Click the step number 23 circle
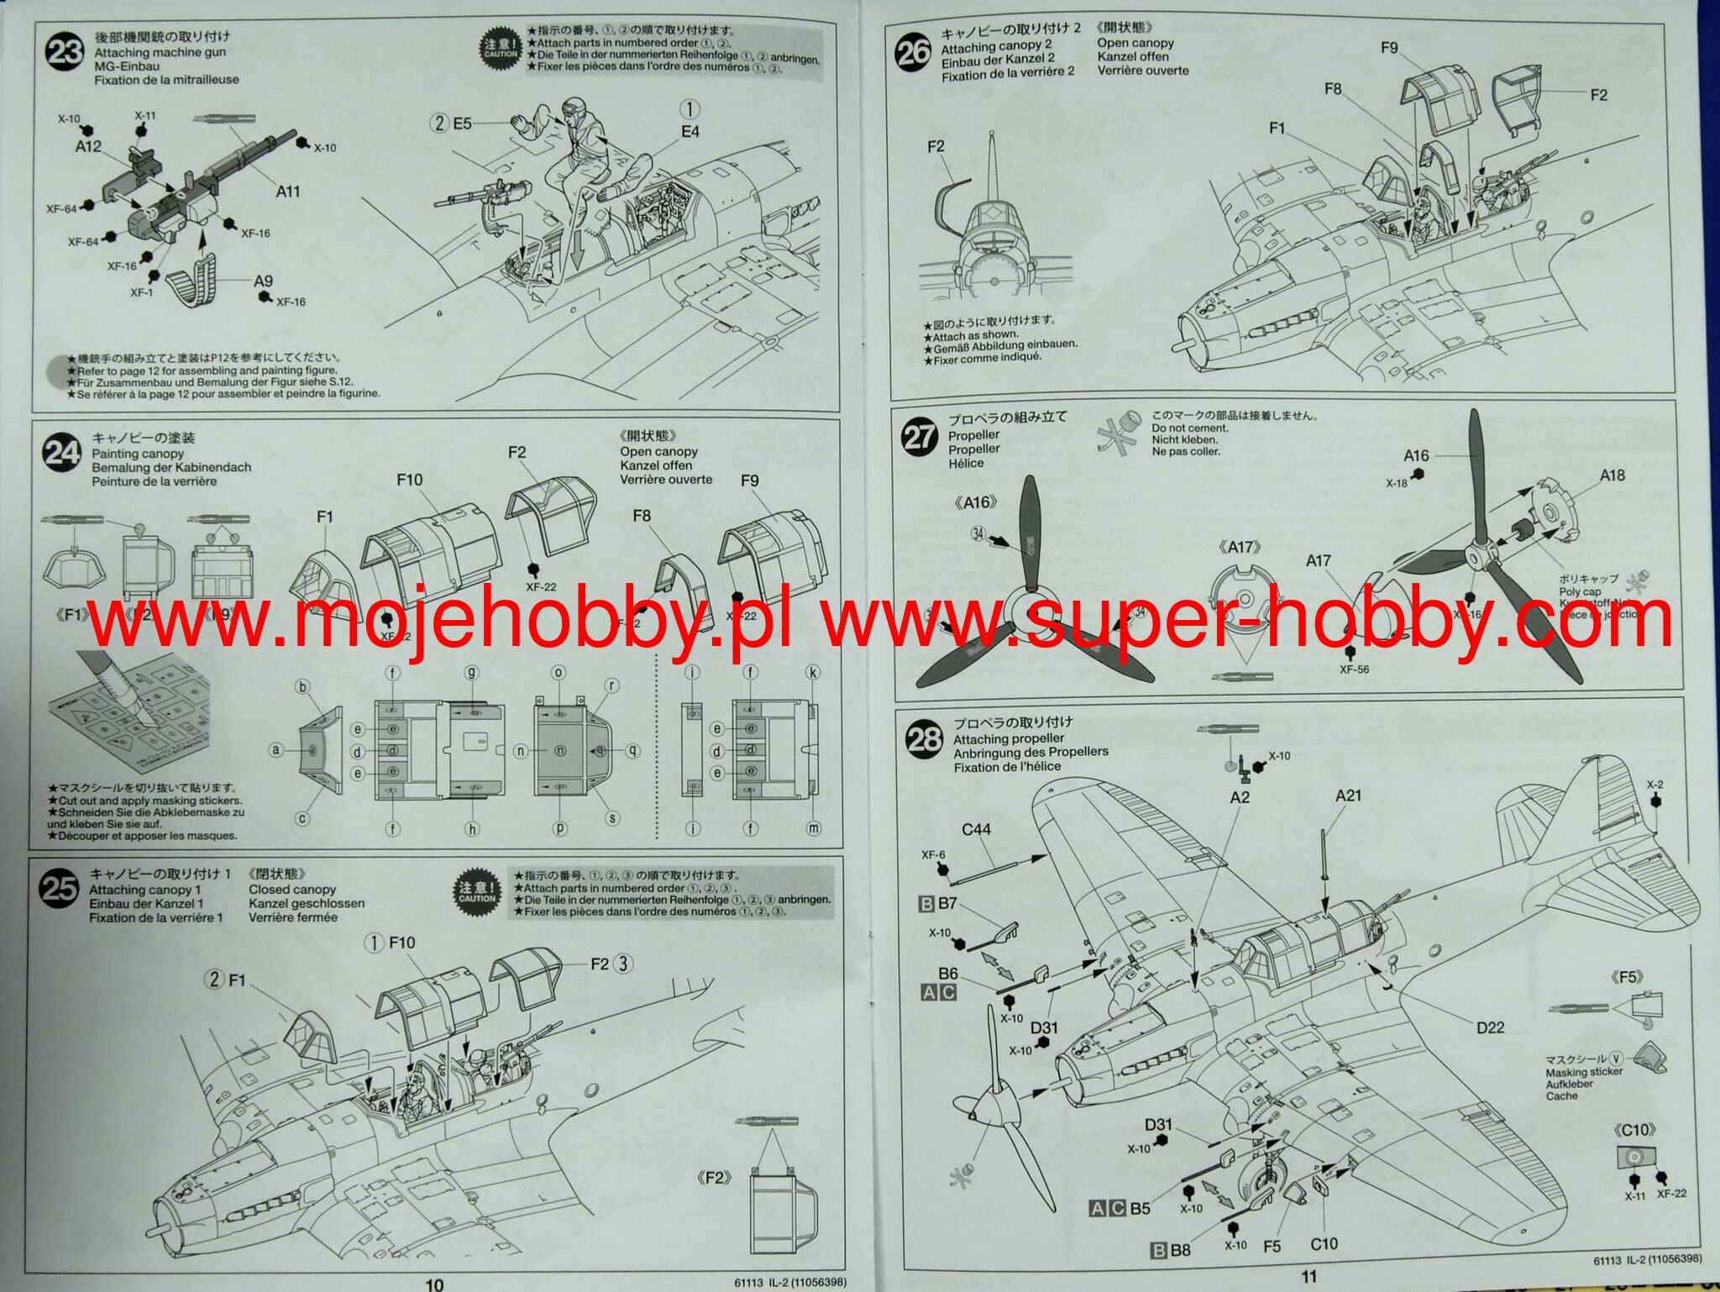pos(64,51)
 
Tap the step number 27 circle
pos(919,436)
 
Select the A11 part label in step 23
pos(288,192)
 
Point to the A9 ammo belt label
pos(263,281)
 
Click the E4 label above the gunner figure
pos(690,132)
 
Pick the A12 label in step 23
pos(88,146)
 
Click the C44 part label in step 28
pos(976,829)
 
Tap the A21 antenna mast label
pos(1348,795)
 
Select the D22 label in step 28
pos(1490,1027)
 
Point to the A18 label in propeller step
pos(1612,475)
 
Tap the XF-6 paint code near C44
pos(933,855)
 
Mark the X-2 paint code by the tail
pos(1654,785)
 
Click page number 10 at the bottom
pos(434,1284)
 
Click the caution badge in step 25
pos(477,891)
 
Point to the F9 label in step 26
pos(1389,48)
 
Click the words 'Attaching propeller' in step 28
pos(1009,738)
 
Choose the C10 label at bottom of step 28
pos(1324,1244)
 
